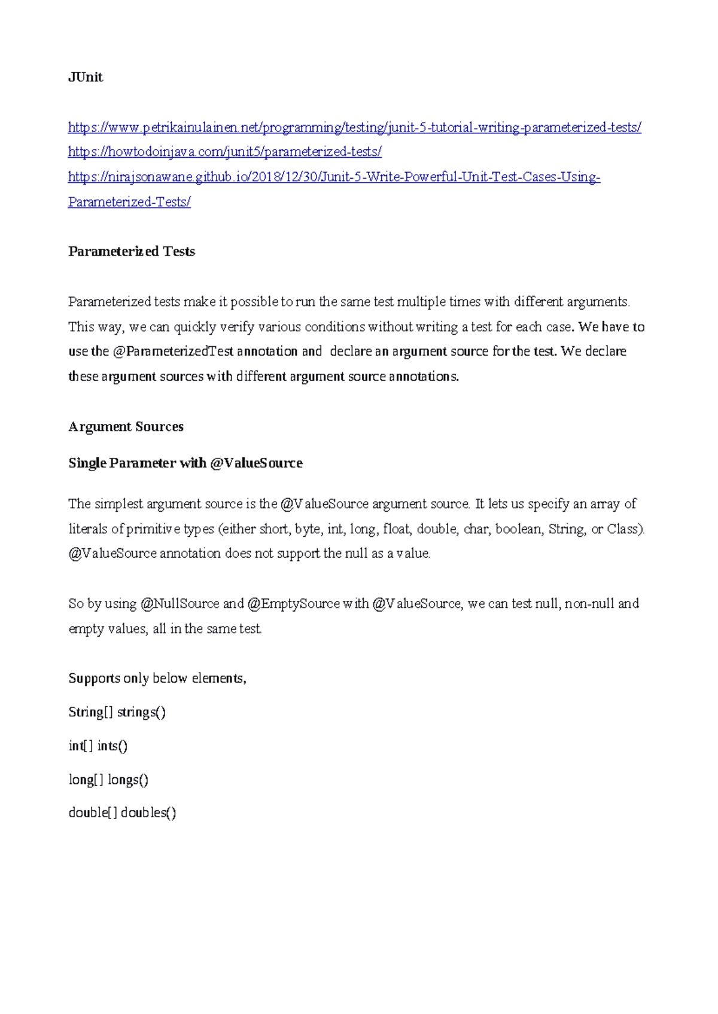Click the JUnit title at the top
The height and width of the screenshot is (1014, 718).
coord(86,77)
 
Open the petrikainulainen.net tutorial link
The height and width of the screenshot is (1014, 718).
coord(354,127)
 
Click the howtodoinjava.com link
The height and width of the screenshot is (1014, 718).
coord(224,152)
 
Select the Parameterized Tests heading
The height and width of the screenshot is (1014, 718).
coord(132,251)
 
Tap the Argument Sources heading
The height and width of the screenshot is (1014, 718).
coord(126,427)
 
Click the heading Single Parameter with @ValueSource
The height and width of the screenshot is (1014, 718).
coord(185,463)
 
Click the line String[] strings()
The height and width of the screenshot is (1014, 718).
coord(117,712)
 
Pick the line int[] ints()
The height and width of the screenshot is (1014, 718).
coord(98,746)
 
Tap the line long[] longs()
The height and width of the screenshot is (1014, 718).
coord(108,780)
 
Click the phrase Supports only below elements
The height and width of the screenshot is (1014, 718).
coord(157,679)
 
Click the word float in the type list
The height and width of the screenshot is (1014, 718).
coord(396,529)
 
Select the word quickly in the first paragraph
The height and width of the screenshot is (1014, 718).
coord(193,327)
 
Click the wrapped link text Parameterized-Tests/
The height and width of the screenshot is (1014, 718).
coord(129,202)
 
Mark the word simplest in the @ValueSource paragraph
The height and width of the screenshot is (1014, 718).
coord(118,504)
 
